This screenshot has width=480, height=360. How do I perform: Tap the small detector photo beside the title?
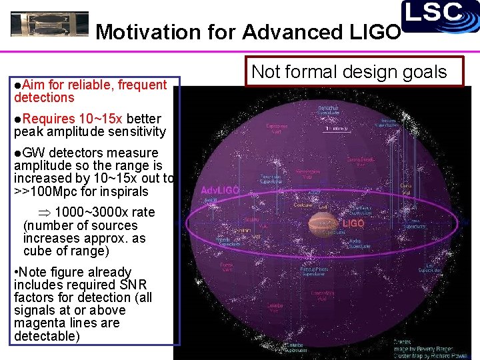click(x=49, y=25)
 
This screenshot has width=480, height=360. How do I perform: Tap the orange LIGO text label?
click(x=353, y=224)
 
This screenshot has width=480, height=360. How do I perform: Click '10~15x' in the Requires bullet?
click(x=100, y=119)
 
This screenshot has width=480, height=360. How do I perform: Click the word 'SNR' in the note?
click(x=136, y=285)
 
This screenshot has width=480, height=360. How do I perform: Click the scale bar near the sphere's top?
click(x=339, y=127)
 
